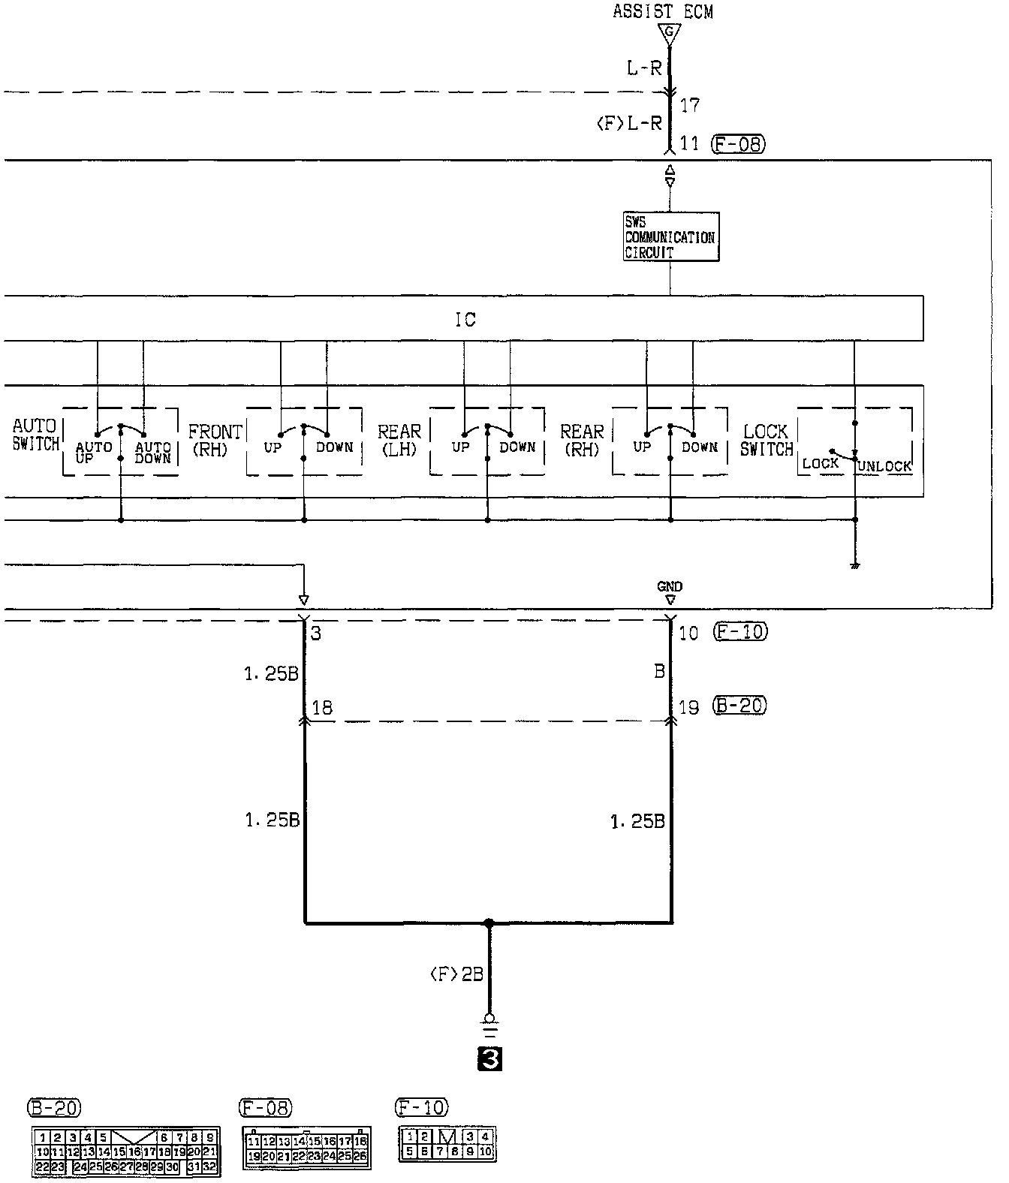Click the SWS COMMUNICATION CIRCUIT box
(670, 237)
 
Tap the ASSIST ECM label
(662, 11)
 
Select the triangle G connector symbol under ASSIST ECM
(670, 33)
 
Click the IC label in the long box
(465, 320)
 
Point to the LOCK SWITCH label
(767, 440)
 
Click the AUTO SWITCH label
(35, 435)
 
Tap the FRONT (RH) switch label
(215, 440)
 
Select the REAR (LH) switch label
(399, 440)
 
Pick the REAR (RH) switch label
(582, 440)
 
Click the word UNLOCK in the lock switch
(884, 466)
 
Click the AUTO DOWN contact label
(153, 452)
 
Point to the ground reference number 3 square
(489, 1059)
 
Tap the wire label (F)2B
(456, 974)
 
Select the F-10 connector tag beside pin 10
(740, 632)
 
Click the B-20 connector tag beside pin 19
(740, 706)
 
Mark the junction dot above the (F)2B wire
(489, 923)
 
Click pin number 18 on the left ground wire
(322, 708)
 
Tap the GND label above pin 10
(670, 587)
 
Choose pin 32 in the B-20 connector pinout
(210, 1166)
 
